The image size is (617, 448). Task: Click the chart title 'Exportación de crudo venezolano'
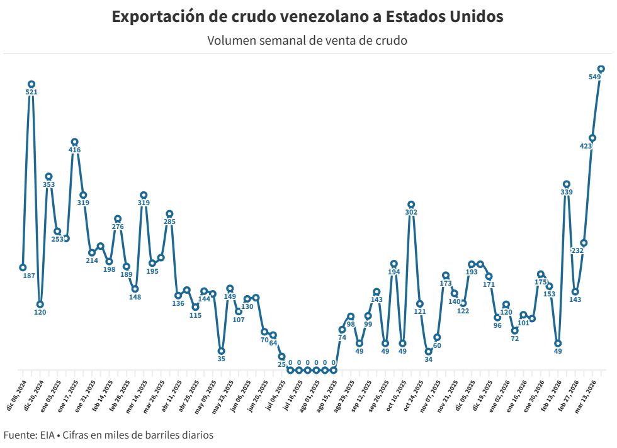pyautogui.click(x=307, y=17)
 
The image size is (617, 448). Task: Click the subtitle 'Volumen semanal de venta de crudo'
pyautogui.click(x=307, y=41)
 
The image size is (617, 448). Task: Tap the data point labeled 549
pyautogui.click(x=601, y=69)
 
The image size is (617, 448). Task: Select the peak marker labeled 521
pyautogui.click(x=31, y=84)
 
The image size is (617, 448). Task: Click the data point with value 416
pyautogui.click(x=74, y=142)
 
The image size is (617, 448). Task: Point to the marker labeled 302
pyautogui.click(x=411, y=204)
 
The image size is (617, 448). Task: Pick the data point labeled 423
pyautogui.click(x=592, y=138)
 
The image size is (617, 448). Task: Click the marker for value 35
pyautogui.click(x=221, y=350)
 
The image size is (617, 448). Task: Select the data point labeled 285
pyautogui.click(x=169, y=213)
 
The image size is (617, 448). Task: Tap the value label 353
pyautogui.click(x=48, y=184)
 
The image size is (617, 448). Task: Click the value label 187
pyautogui.click(x=29, y=276)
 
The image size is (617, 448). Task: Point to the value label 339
pyautogui.click(x=567, y=192)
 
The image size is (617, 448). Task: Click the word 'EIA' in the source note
pyautogui.click(x=46, y=435)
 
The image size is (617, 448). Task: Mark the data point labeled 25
pyautogui.click(x=281, y=356)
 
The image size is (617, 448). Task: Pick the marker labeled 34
pyautogui.click(x=428, y=351)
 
